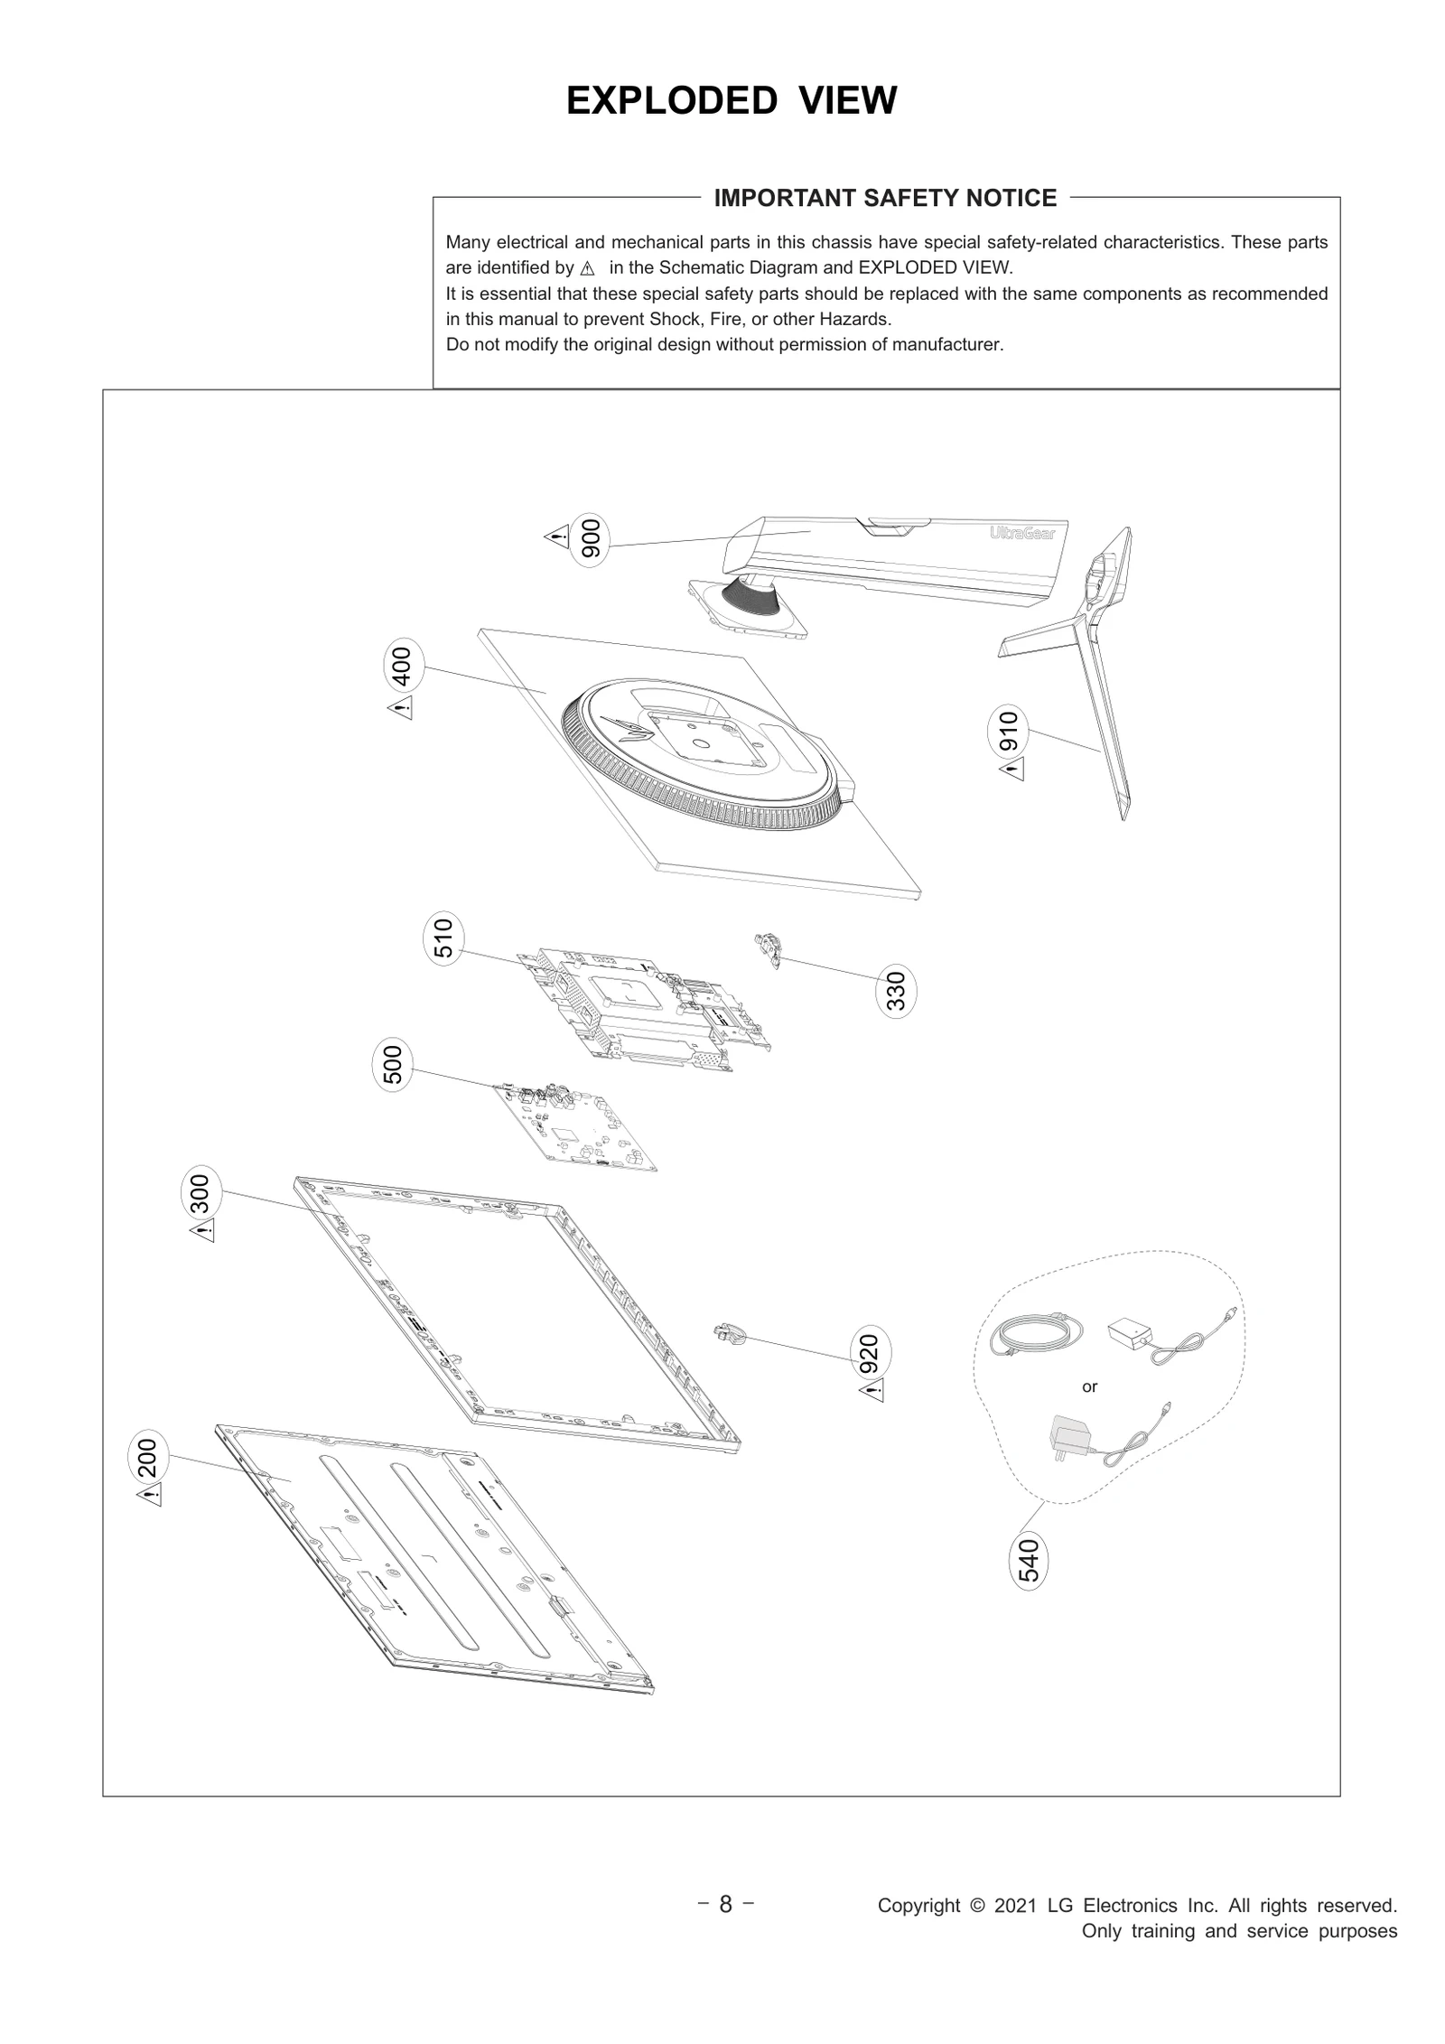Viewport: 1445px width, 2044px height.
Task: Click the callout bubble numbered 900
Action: tap(592, 541)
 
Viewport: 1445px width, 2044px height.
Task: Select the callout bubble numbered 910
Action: tap(1008, 731)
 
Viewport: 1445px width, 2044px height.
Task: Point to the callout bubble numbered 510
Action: tap(443, 938)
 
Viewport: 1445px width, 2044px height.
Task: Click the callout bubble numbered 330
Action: tap(895, 991)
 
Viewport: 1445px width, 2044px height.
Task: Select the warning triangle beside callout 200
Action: tap(150, 1497)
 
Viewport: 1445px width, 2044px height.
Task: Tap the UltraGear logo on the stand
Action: tap(1021, 534)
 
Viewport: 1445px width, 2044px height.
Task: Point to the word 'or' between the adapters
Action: tap(1089, 1387)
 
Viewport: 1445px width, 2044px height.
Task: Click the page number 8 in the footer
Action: tap(725, 1905)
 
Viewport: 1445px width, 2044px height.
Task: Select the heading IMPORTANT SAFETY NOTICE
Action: tap(885, 199)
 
